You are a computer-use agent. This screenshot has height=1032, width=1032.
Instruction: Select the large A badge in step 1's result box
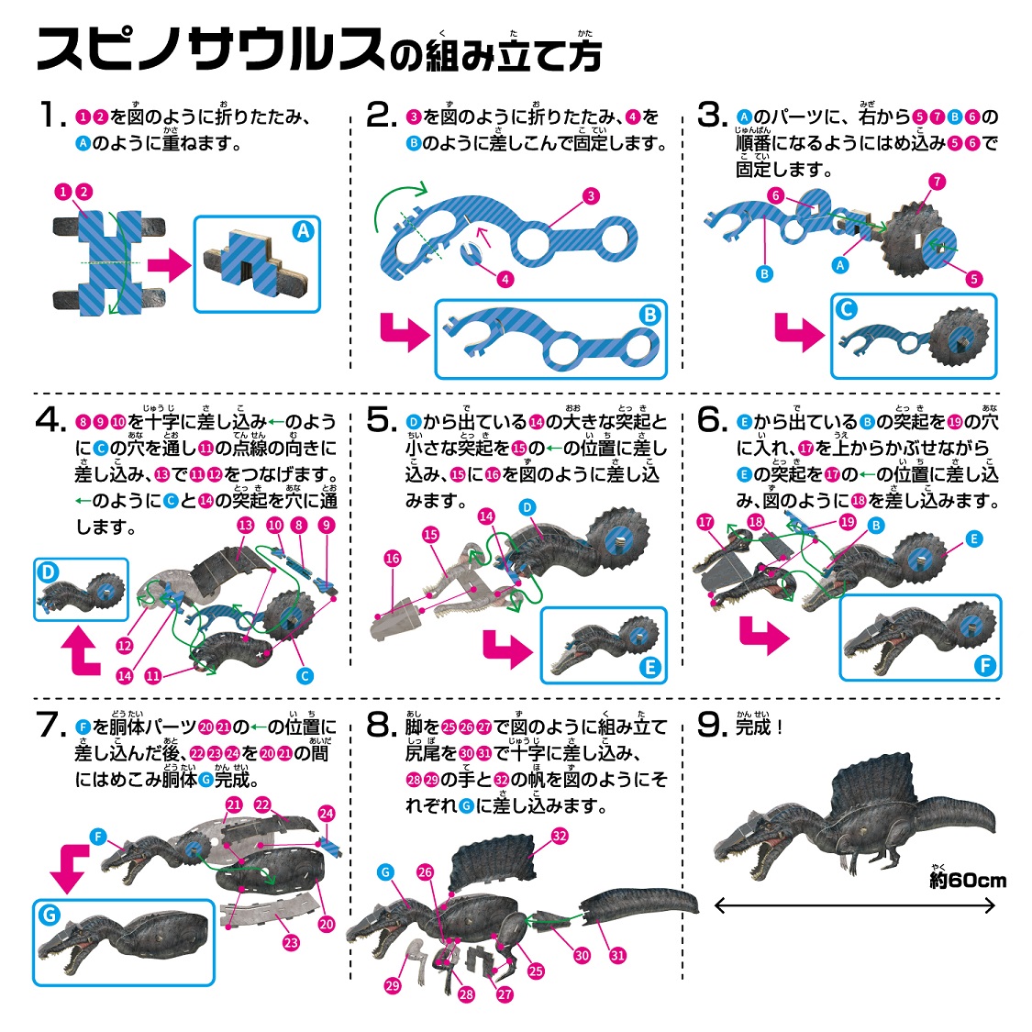click(x=303, y=231)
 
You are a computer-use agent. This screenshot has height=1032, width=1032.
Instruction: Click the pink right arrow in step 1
click(x=169, y=264)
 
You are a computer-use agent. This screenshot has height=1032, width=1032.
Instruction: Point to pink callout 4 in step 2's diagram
click(x=505, y=279)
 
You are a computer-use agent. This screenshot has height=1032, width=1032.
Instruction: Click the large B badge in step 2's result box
click(x=649, y=315)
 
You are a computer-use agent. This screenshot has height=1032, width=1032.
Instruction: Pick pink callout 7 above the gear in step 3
click(x=937, y=182)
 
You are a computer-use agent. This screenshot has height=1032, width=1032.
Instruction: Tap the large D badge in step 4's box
click(x=48, y=571)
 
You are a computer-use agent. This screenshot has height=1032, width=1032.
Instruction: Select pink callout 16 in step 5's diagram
click(x=393, y=559)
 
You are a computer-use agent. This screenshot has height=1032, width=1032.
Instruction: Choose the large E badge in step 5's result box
click(x=649, y=668)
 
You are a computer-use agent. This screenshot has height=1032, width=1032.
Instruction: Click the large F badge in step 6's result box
click(x=984, y=665)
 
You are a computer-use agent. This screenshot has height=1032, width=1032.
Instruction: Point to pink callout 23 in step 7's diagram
click(x=291, y=942)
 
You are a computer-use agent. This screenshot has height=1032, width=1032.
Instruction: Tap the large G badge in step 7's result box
click(x=50, y=915)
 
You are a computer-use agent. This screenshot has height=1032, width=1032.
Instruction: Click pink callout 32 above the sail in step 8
click(x=560, y=836)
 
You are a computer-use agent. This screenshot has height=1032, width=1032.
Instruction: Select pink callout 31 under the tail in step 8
click(x=617, y=955)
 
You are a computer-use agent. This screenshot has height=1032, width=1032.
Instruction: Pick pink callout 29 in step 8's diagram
click(x=393, y=985)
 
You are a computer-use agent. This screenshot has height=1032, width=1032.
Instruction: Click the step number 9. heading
click(x=712, y=726)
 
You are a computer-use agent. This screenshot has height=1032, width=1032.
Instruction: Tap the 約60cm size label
click(x=968, y=880)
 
